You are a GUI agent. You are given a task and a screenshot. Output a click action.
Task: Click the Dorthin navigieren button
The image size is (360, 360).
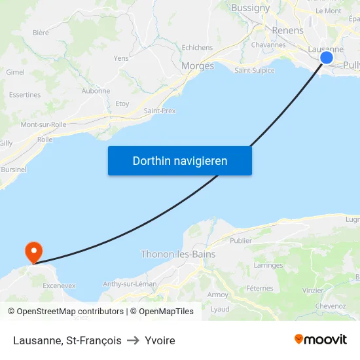[179, 160]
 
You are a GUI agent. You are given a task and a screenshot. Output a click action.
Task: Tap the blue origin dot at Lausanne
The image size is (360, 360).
[326, 58]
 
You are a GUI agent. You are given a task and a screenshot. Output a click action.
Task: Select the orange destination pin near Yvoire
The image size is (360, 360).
[33, 251]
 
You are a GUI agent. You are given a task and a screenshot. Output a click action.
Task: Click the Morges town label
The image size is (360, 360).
[197, 66]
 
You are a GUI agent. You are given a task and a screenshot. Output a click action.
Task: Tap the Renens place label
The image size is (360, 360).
[287, 31]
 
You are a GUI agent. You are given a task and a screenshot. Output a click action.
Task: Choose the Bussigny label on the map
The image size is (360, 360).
[250, 9]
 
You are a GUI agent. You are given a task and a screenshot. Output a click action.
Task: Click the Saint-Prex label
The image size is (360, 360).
[160, 111]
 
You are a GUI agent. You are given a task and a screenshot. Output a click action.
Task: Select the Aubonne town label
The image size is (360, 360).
[96, 91]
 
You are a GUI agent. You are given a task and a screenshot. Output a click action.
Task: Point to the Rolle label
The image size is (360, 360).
[45, 139]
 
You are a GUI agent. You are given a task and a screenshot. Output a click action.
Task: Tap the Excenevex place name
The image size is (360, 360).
[59, 286]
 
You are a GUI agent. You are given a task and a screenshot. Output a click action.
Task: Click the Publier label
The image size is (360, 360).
[241, 240]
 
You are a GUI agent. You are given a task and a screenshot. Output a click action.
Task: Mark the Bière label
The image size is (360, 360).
[41, 32]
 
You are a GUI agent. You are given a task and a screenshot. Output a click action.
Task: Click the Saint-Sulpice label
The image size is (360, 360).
[255, 71]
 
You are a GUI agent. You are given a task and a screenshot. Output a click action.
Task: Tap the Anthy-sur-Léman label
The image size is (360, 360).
[130, 284]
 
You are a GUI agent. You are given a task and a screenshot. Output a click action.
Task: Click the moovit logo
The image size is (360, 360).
[320, 339]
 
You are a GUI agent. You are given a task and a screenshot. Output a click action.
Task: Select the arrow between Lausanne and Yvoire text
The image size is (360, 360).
[133, 340]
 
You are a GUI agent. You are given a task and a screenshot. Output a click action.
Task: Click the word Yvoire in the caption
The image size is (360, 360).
[160, 340]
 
